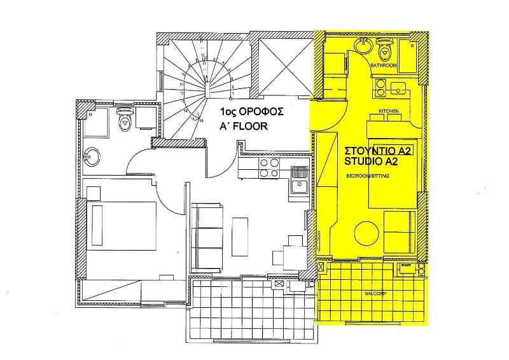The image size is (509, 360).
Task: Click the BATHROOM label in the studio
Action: coord(384,66)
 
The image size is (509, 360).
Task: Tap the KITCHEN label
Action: coord(389,111)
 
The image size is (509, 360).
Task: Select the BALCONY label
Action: coord(375,293)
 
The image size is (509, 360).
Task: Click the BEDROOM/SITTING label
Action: coord(366,175)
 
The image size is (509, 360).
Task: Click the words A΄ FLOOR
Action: coord(242,127)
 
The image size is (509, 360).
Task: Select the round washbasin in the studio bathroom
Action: coord(363,45)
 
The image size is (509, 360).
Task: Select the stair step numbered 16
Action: coord(201,119)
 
